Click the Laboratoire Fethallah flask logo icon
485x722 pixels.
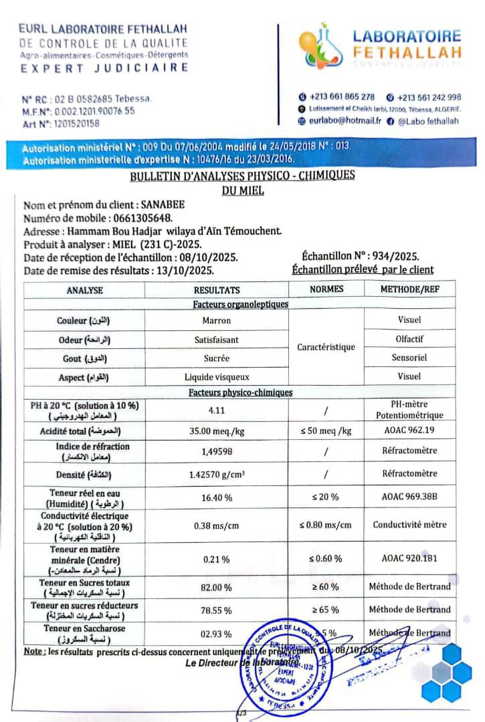pos(320,47)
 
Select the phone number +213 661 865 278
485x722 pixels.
pos(342,97)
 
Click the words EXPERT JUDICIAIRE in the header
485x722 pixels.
pos(104,68)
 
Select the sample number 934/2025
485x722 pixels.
pos(395,257)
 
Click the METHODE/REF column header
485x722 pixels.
pos(409,289)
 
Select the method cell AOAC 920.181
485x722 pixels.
pos(409,558)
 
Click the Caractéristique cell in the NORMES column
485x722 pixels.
pos(326,348)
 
